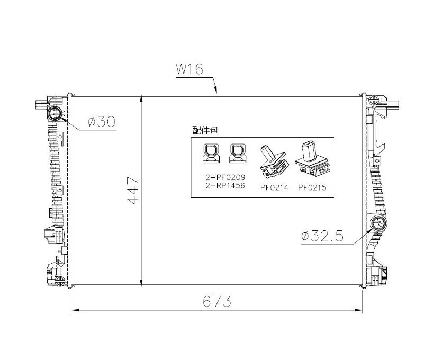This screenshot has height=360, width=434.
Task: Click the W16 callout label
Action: (189, 69)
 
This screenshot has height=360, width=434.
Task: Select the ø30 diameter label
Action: (102, 122)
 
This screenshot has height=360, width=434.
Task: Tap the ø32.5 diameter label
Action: (322, 236)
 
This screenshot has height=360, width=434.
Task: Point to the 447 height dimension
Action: (134, 191)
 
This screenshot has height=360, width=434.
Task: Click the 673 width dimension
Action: (216, 301)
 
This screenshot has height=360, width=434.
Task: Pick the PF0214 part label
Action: (274, 187)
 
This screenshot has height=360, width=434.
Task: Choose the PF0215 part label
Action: (312, 187)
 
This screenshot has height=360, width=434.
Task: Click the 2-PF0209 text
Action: (225, 177)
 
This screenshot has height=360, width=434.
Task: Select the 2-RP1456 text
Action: (225, 185)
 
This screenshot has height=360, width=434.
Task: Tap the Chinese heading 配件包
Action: (205, 130)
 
